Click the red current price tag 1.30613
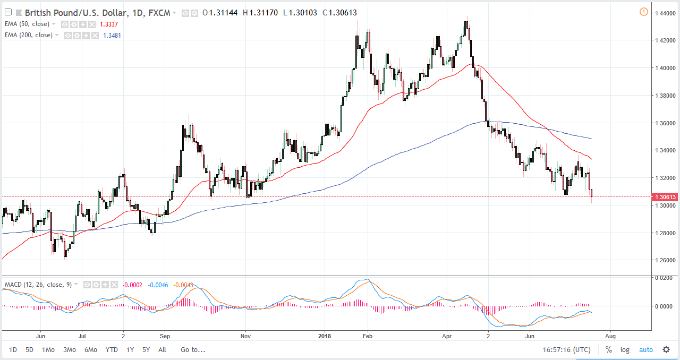click(x=665, y=197)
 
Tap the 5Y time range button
click(x=146, y=349)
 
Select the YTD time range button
click(x=112, y=349)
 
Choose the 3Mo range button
click(x=69, y=349)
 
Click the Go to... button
click(x=193, y=349)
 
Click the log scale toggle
click(x=625, y=349)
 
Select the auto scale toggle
click(x=645, y=349)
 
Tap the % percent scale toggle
click(x=608, y=349)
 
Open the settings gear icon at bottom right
click(x=666, y=349)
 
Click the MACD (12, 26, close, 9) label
click(x=37, y=285)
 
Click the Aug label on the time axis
click(x=610, y=336)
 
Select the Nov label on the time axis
click(x=245, y=336)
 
